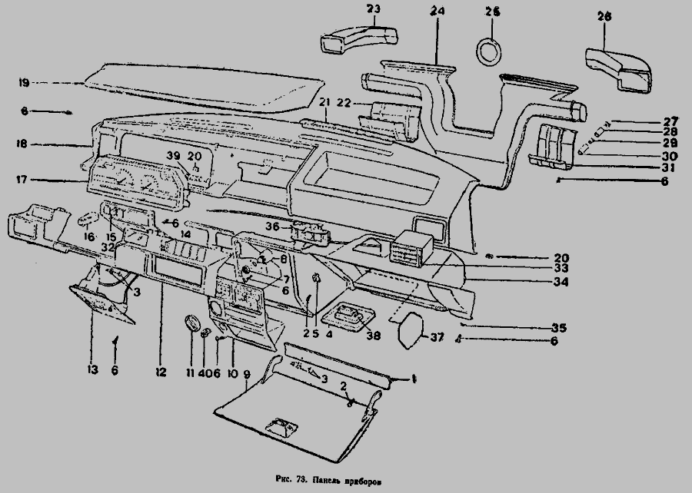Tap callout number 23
pyautogui.click(x=374, y=8)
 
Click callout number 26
pyautogui.click(x=604, y=15)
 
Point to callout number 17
pyautogui.click(x=22, y=181)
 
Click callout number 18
pyautogui.click(x=22, y=144)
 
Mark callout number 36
pyautogui.click(x=272, y=227)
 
